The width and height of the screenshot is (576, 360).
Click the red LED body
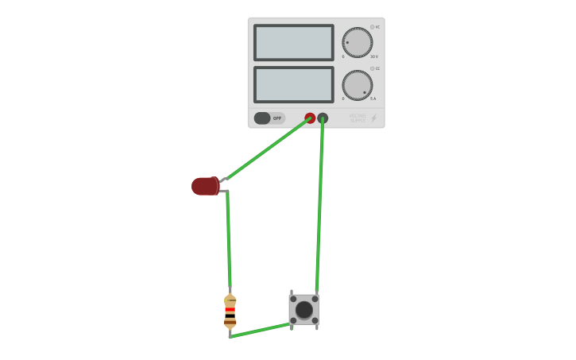tap(204, 186)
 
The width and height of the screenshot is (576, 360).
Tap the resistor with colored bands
tap(230, 311)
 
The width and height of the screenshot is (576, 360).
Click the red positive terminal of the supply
tap(310, 118)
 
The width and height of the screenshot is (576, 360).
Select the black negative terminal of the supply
tap(323, 118)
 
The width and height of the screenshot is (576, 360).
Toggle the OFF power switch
tap(269, 118)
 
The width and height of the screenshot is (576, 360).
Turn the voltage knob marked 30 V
tap(357, 42)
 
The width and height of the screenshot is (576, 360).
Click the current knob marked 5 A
tap(357, 85)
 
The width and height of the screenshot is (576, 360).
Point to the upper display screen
tap(293, 42)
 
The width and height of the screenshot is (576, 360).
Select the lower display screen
tap(293, 84)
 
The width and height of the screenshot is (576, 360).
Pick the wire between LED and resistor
tap(228, 238)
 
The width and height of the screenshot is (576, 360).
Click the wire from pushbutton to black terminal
tap(319, 207)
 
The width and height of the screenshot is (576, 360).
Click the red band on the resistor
tap(230, 310)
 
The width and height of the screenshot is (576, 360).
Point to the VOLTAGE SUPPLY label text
tap(358, 118)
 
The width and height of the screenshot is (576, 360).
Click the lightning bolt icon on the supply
tap(374, 118)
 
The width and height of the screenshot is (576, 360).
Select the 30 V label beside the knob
tap(373, 56)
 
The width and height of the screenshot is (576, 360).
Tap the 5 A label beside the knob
tap(373, 99)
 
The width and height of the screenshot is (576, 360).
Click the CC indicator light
tap(372, 68)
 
